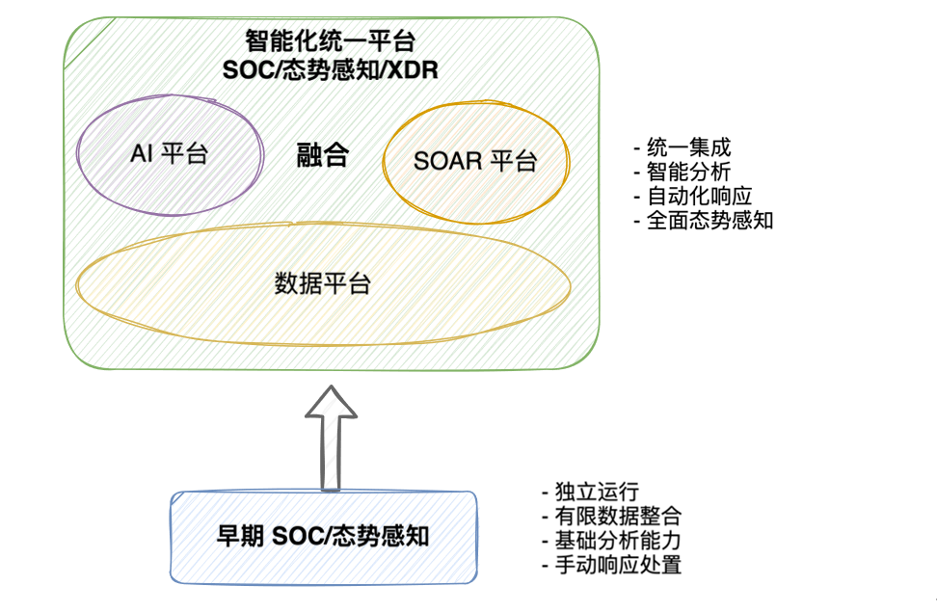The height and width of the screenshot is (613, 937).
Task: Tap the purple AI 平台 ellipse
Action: [x=169, y=154]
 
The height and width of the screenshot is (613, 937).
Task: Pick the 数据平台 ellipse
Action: [x=322, y=284]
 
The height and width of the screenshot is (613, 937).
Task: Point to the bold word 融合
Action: [x=322, y=157]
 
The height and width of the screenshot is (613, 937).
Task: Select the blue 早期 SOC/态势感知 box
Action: [x=323, y=537]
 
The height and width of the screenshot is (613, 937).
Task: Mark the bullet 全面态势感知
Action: [x=704, y=220]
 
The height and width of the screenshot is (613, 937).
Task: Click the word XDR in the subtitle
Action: [x=415, y=70]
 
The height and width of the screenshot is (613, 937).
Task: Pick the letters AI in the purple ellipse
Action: [x=141, y=154]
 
